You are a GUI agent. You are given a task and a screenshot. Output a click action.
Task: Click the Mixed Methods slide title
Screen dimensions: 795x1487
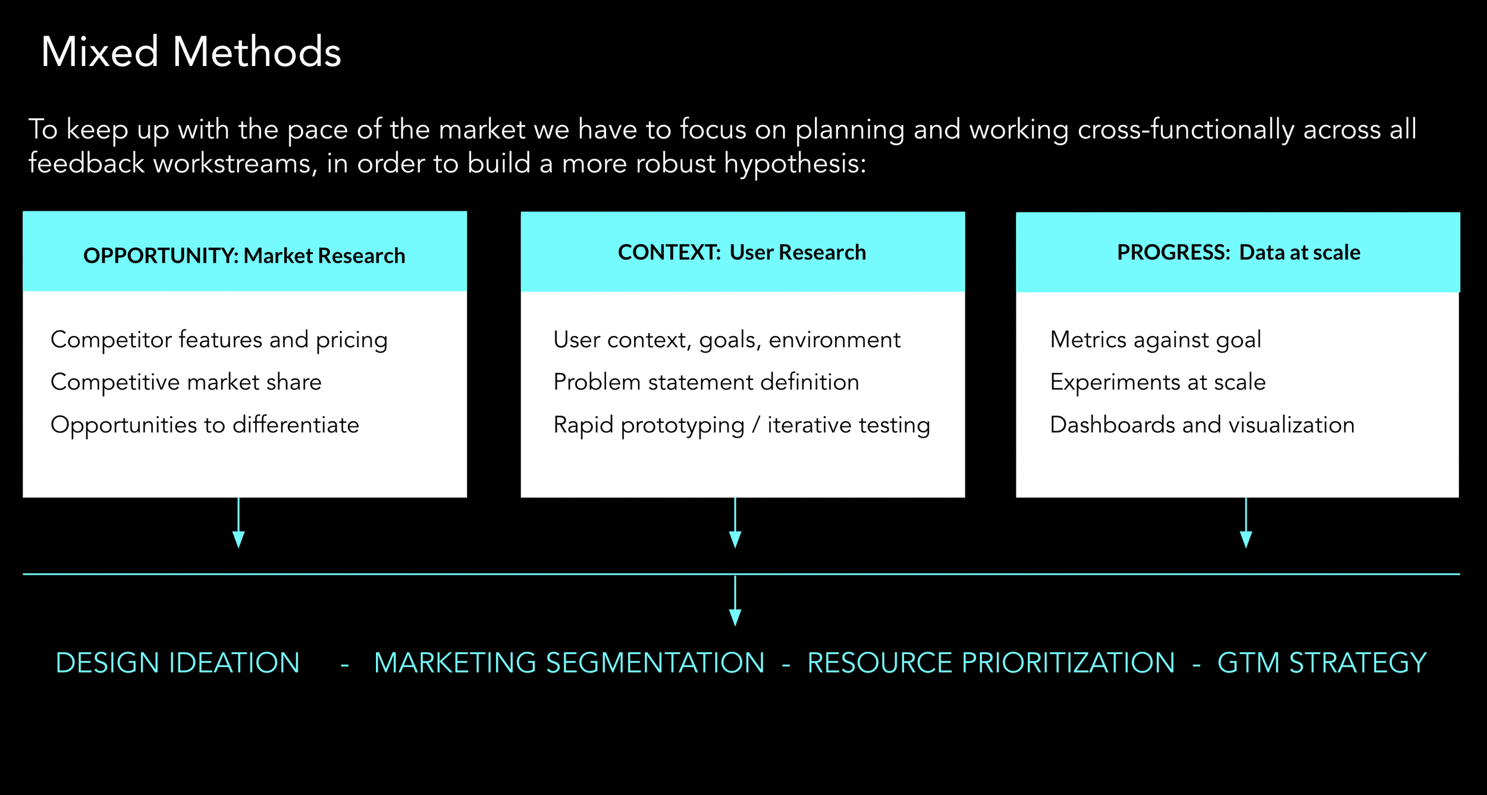tap(191, 52)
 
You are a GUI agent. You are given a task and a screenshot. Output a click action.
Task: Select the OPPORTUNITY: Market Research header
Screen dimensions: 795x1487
tap(244, 255)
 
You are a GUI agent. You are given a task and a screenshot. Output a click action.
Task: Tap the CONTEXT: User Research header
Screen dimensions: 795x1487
tap(742, 252)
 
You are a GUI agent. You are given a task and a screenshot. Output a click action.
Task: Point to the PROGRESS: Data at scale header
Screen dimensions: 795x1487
tap(1238, 252)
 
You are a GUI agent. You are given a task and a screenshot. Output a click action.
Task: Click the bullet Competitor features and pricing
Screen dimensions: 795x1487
tap(219, 340)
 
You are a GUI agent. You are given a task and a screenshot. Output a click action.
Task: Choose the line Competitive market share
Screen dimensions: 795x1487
tap(186, 382)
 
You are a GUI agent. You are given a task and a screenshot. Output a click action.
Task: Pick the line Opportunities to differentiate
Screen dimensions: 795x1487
tap(205, 425)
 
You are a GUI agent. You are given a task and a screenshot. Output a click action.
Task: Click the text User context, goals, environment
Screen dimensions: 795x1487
tap(726, 340)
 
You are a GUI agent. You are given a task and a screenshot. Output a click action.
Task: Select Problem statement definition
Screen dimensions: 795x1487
tap(706, 382)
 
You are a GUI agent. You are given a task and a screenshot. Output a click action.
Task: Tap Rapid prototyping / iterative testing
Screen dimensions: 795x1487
tap(741, 425)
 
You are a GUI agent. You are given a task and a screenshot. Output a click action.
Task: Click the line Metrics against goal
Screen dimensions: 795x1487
tap(1155, 340)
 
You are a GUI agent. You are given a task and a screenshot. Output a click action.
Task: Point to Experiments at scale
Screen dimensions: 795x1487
tap(1157, 382)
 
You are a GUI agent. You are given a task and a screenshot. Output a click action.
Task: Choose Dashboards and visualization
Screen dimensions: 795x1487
tap(1202, 425)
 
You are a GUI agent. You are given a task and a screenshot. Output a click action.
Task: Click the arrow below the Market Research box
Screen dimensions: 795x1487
tap(239, 523)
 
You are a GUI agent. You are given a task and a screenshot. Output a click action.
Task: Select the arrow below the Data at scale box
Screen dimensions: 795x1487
tap(1246, 523)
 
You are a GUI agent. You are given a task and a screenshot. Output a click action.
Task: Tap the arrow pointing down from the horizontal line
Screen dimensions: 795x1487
tap(735, 601)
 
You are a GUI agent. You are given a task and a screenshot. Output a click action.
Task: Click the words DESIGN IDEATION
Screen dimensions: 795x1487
tap(177, 663)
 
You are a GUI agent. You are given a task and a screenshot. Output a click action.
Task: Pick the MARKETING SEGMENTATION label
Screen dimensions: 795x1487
tap(569, 663)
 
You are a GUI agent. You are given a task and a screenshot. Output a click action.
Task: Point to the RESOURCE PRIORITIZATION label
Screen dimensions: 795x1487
tap(991, 663)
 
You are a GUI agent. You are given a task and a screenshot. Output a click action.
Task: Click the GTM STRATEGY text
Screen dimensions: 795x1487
tap(1322, 663)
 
